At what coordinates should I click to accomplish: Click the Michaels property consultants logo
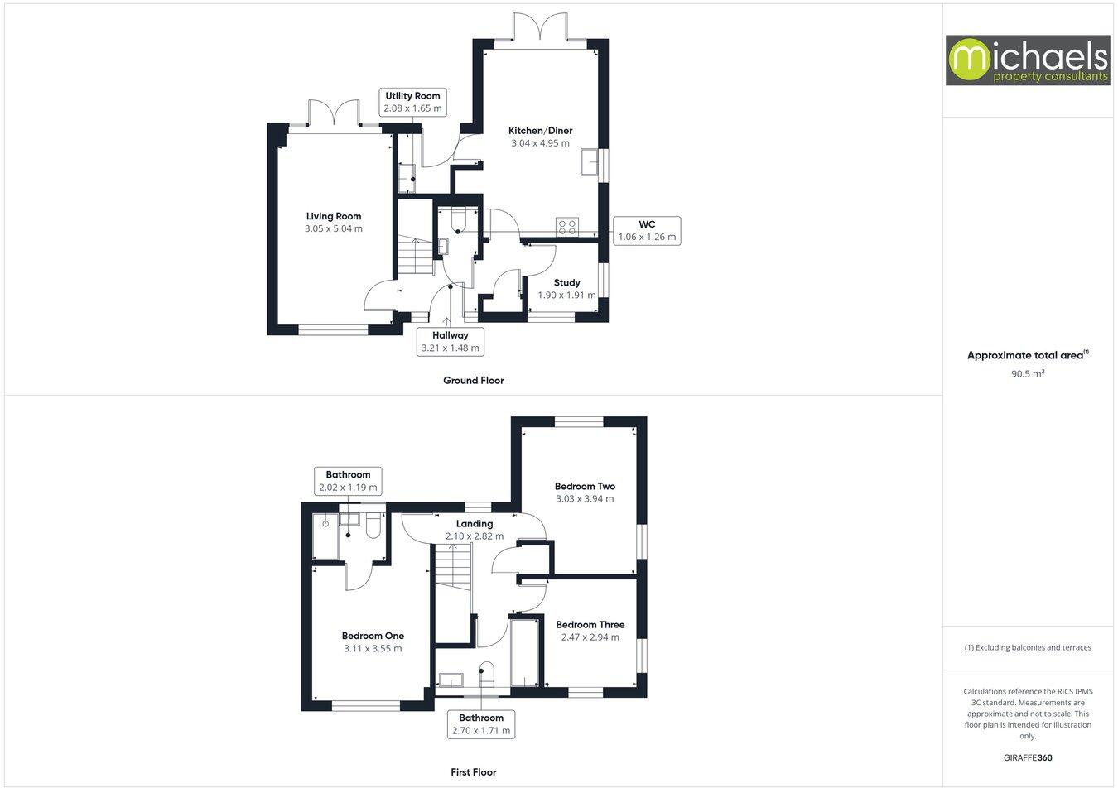pyautogui.click(x=1028, y=60)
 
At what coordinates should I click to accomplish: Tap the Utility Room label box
pyautogui.click(x=412, y=102)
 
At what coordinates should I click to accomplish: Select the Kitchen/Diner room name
pyautogui.click(x=540, y=131)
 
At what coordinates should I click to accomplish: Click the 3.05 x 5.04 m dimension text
pyautogui.click(x=334, y=228)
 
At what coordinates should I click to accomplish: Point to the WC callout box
pyautogui.click(x=647, y=230)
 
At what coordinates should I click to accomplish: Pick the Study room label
pyautogui.click(x=566, y=283)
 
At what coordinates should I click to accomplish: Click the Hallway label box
pyautogui.click(x=450, y=341)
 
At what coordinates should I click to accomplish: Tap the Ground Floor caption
pyautogui.click(x=473, y=381)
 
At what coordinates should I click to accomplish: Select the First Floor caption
pyautogui.click(x=473, y=772)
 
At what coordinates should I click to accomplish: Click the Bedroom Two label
pyautogui.click(x=585, y=487)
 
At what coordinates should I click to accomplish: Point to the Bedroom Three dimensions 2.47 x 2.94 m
pyautogui.click(x=590, y=637)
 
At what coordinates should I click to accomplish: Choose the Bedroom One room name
pyautogui.click(x=373, y=637)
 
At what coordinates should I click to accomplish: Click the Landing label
pyautogui.click(x=475, y=524)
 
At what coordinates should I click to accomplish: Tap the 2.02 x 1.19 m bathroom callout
pyautogui.click(x=348, y=481)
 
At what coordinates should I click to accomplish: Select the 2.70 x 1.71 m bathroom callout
pyautogui.click(x=481, y=724)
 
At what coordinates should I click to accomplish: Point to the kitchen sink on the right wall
pyautogui.click(x=591, y=162)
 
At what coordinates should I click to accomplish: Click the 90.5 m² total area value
pyautogui.click(x=1028, y=374)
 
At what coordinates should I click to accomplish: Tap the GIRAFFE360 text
pyautogui.click(x=1028, y=757)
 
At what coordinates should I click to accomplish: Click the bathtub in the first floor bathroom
pyautogui.click(x=525, y=652)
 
